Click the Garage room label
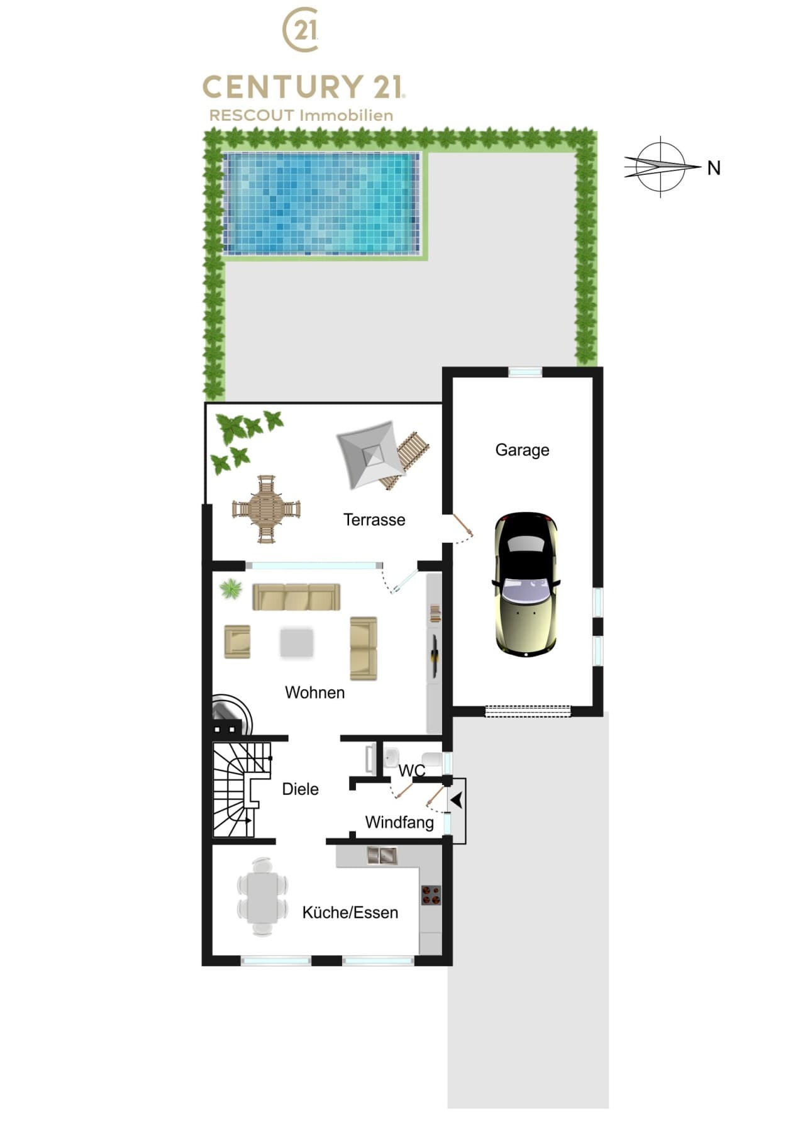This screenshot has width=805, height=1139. (x=522, y=450)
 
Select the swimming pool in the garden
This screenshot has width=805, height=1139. (x=321, y=203)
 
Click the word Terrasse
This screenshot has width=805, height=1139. (x=374, y=519)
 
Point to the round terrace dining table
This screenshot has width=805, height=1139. (x=267, y=509)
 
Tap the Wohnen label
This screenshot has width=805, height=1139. (x=314, y=692)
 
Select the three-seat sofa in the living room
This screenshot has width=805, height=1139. (x=296, y=597)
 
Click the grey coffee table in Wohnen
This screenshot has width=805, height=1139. (x=296, y=643)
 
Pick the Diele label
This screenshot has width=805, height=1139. (x=300, y=789)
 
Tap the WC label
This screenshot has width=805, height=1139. (x=412, y=770)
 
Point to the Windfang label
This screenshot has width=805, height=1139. (x=399, y=822)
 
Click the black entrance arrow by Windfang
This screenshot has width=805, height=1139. (x=457, y=801)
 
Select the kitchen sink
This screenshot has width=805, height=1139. (x=382, y=855)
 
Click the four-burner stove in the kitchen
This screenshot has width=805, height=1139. (x=431, y=895)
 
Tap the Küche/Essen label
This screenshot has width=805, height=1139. (x=350, y=913)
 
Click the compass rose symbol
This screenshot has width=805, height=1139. (x=662, y=167)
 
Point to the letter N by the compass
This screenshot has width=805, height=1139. (x=714, y=168)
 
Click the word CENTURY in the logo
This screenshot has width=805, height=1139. (x=283, y=87)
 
